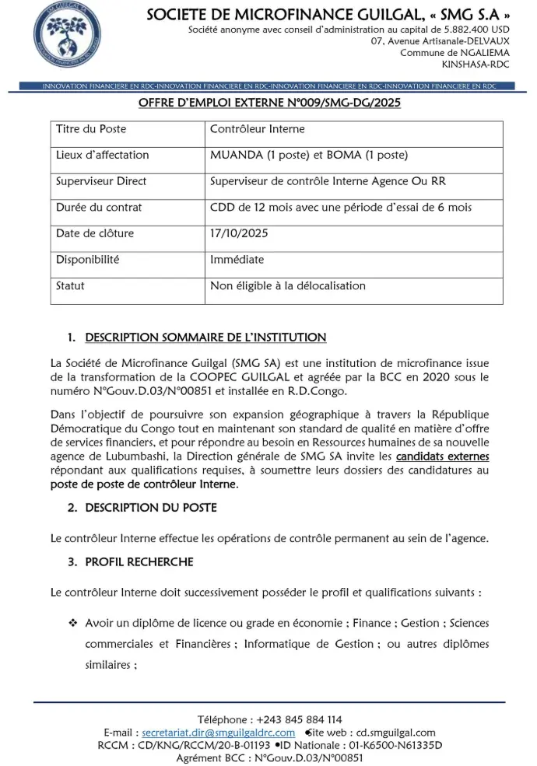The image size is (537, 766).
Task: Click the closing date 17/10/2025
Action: pyautogui.click(x=239, y=233)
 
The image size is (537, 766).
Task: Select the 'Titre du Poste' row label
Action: pyautogui.click(x=91, y=129)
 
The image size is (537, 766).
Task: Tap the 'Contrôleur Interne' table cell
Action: pyautogui.click(x=258, y=129)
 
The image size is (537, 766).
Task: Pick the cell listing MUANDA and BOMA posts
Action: pyautogui.click(x=309, y=155)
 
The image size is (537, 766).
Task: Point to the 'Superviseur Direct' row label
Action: pyautogui.click(x=101, y=181)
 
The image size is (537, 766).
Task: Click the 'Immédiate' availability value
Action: pyautogui.click(x=237, y=260)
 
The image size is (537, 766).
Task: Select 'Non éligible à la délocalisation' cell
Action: pyautogui.click(x=288, y=285)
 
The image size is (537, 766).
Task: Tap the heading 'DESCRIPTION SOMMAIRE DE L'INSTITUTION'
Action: pyautogui.click(x=205, y=338)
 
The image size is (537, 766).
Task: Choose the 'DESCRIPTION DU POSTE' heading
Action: pyautogui.click(x=151, y=508)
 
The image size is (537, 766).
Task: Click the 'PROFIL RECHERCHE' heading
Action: pyautogui.click(x=139, y=562)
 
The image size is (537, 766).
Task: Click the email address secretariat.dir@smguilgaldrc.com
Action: pyautogui.click(x=219, y=733)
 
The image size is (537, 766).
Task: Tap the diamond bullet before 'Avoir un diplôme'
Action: pyautogui.click(x=73, y=624)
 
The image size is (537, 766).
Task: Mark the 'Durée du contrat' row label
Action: pyautogui.click(x=99, y=208)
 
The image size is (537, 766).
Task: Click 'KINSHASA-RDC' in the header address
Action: pyautogui.click(x=476, y=64)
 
